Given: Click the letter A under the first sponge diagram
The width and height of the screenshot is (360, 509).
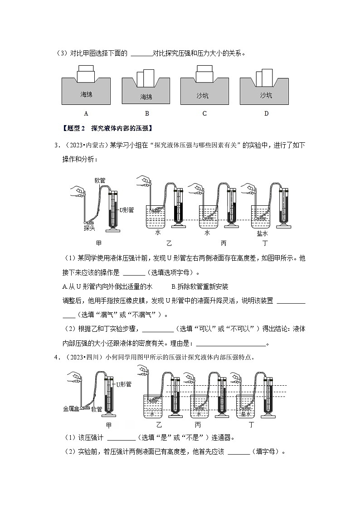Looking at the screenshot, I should click(x=86, y=113).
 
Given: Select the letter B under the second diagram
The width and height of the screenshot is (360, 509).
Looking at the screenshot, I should click(x=146, y=113).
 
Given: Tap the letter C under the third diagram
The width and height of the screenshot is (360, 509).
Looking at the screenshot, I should click(x=204, y=113).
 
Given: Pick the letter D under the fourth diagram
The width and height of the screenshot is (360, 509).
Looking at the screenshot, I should click(x=266, y=113).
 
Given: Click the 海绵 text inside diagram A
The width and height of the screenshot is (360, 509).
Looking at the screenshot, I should click(x=86, y=95).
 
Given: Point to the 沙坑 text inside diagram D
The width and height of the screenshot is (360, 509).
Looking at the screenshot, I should click(x=266, y=95).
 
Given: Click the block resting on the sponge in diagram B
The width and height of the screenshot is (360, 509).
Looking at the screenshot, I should click(x=146, y=78).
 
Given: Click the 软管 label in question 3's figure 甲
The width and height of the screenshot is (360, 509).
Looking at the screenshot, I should click(x=100, y=180).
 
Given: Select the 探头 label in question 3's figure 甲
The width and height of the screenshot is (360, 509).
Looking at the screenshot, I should click(x=89, y=228).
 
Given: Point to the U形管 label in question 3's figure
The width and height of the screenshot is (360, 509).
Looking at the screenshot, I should click(x=126, y=210).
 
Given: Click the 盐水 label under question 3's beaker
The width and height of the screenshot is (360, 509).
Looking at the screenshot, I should click(x=263, y=233).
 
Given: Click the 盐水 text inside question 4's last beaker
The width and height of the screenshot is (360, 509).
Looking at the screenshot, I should click(x=246, y=414).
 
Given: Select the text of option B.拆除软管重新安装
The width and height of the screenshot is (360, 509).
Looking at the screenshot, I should click(x=200, y=286).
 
